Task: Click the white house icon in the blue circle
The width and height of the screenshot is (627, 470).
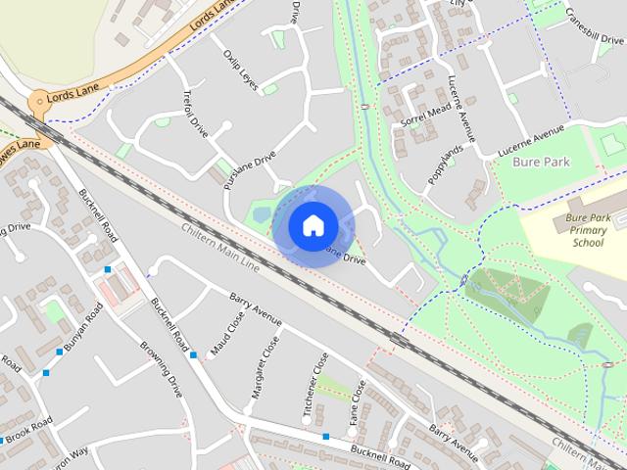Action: pyautogui.click(x=312, y=225)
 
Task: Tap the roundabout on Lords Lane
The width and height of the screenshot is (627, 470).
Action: pyautogui.click(x=39, y=101)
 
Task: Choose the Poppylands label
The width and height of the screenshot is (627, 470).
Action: pyautogui.click(x=444, y=162)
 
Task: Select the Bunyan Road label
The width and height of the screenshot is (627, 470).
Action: pyautogui.click(x=84, y=330)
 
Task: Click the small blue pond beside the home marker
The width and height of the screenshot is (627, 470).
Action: pyautogui.click(x=262, y=213)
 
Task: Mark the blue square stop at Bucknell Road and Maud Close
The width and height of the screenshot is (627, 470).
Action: pyautogui.click(x=193, y=354)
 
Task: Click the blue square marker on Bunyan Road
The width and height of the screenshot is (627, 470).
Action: pyautogui.click(x=45, y=372)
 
